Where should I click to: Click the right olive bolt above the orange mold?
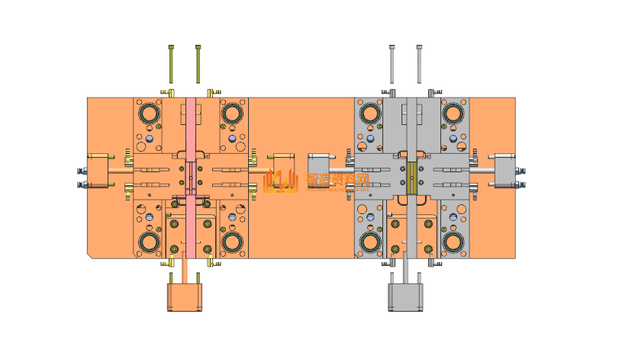(198, 64)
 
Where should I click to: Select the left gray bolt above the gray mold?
(392, 64)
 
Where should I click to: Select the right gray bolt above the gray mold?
(418, 64)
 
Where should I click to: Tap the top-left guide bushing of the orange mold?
(149, 114)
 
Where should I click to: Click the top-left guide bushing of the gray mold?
(370, 114)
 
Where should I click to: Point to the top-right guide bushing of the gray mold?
(453, 114)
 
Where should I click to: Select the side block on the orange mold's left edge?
(99, 171)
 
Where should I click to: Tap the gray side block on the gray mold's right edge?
(505, 171)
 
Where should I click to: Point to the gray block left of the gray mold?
(318, 168)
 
